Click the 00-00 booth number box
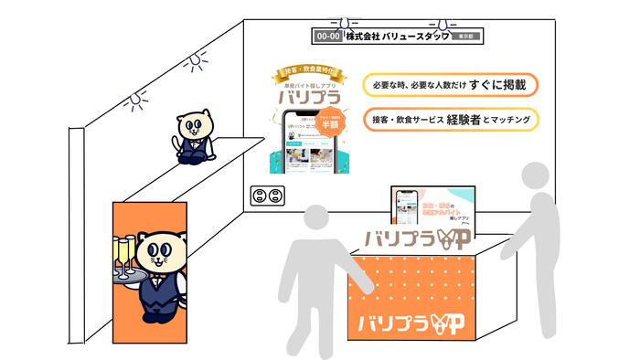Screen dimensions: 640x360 point(327,37)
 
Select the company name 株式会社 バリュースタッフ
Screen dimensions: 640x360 point(399,37)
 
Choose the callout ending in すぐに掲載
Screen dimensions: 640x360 point(450,83)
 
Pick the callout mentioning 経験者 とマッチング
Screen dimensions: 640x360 point(450,119)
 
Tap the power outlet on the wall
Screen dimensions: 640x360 point(267,196)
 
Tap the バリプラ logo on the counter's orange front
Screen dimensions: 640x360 point(411,322)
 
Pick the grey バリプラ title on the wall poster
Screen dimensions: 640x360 point(304,96)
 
